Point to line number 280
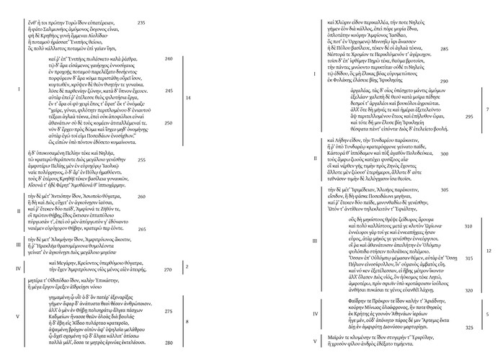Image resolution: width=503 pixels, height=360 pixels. point(169,343)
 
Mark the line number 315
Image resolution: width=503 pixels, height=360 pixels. point(469,258)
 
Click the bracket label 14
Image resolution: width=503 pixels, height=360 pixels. point(188,97)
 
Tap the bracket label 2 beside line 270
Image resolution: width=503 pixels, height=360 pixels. point(187,266)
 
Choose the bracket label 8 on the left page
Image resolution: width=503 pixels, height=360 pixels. point(187,320)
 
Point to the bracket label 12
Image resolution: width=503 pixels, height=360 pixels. point(488,251)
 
